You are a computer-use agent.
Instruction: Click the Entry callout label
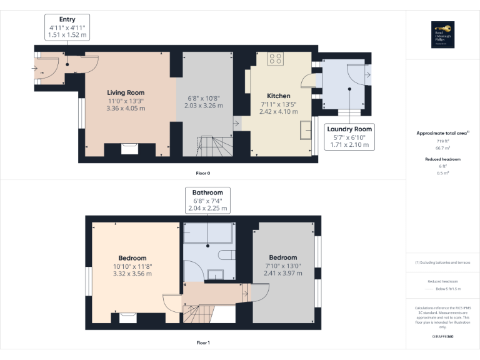tap(67, 27)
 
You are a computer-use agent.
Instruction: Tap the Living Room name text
tap(126, 92)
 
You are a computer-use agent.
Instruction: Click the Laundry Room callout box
tap(349, 137)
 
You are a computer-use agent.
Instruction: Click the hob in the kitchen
tap(275, 59)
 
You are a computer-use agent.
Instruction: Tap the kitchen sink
tap(306, 129)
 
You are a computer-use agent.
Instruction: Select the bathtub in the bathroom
tap(208, 234)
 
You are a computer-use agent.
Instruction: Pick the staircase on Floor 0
tap(212, 149)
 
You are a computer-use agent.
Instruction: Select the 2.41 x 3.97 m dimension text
tap(283, 273)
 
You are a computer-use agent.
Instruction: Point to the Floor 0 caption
tap(203, 172)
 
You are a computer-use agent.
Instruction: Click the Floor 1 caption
tap(203, 342)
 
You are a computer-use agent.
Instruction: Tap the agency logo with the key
tap(442, 34)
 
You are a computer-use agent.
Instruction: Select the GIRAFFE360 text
tap(442, 337)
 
